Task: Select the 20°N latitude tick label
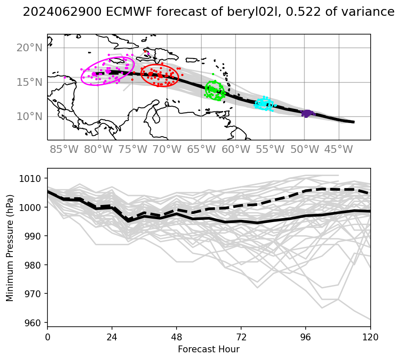click(29, 47)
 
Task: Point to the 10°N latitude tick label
click(29, 116)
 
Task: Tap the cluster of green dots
click(215, 90)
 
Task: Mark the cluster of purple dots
click(307, 113)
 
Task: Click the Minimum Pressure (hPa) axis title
click(10, 247)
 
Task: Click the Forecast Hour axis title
click(209, 349)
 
